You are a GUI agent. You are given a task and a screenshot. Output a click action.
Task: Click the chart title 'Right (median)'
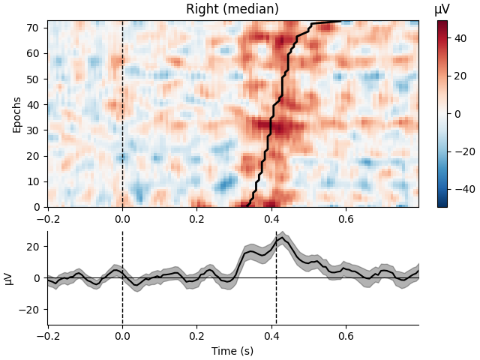[x=232, y=10]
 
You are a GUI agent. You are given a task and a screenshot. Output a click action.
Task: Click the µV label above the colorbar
[x=442, y=10]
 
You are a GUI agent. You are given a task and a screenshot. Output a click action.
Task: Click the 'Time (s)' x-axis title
[x=232, y=351]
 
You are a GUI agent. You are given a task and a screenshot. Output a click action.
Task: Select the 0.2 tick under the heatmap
[x=196, y=219]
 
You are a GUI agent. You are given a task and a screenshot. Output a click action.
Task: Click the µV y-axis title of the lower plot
[x=10, y=278]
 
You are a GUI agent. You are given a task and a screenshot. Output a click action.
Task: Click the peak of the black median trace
[x=280, y=238]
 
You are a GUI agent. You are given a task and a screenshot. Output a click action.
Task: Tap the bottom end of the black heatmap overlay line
[x=248, y=205]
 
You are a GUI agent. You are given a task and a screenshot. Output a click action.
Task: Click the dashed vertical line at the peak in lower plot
[x=276, y=300]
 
